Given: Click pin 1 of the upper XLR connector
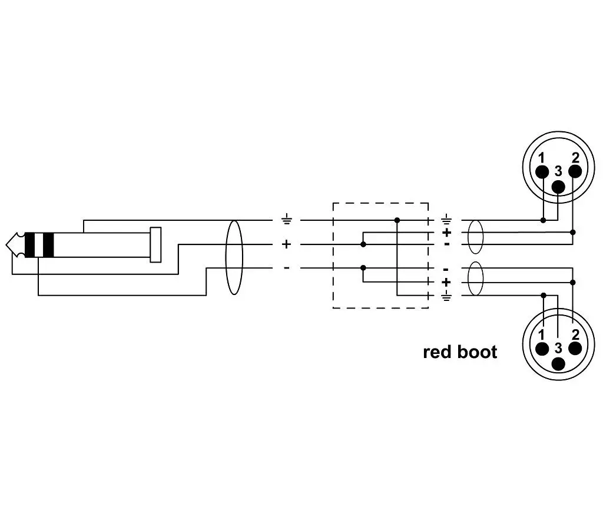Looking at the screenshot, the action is pyautogui.click(x=542, y=171).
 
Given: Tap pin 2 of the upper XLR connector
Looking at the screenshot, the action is pyautogui.click(x=575, y=171).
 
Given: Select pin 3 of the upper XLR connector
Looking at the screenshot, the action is pyautogui.click(x=558, y=187).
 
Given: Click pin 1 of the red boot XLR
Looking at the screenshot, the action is pyautogui.click(x=542, y=349).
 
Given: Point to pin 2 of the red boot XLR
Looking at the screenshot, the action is pyautogui.click(x=575, y=349).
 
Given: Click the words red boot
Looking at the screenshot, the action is pyautogui.click(x=460, y=352).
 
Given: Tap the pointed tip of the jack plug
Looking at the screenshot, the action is pyautogui.click(x=6, y=244).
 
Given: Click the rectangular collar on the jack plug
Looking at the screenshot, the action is pyautogui.click(x=155, y=244).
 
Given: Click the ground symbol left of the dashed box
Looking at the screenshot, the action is pyautogui.click(x=287, y=220).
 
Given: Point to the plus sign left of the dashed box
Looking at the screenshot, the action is pyautogui.click(x=287, y=244).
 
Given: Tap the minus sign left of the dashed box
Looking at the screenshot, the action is pyautogui.click(x=287, y=268).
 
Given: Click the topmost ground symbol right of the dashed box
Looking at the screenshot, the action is pyautogui.click(x=446, y=220).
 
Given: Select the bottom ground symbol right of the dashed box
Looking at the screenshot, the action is pyautogui.click(x=446, y=296).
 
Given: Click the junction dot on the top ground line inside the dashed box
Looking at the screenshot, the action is pyautogui.click(x=397, y=220).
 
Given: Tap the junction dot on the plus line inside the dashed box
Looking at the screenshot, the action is pyautogui.click(x=363, y=244).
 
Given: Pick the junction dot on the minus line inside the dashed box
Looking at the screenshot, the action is pyautogui.click(x=363, y=268).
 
